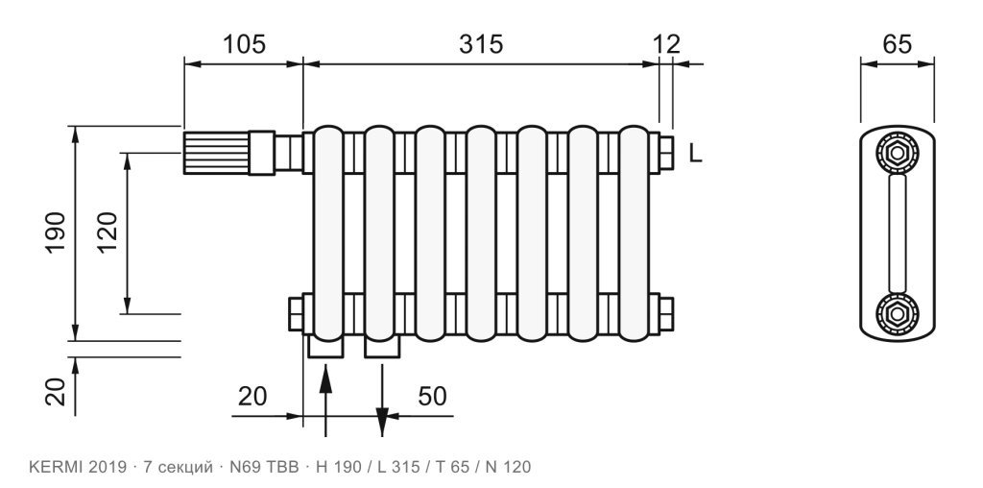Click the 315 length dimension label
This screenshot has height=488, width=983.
[x=481, y=44]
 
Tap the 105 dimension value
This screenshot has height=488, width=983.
[x=245, y=44]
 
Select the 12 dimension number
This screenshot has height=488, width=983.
[x=666, y=44]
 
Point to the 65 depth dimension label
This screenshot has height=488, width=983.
[x=898, y=44]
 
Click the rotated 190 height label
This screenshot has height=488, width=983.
[x=56, y=232]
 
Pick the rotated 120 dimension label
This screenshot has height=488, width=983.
[x=108, y=232]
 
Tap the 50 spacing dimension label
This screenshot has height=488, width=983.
[x=433, y=397]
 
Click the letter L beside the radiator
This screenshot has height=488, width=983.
[x=695, y=153]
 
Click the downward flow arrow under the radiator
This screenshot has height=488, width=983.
[x=382, y=399]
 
